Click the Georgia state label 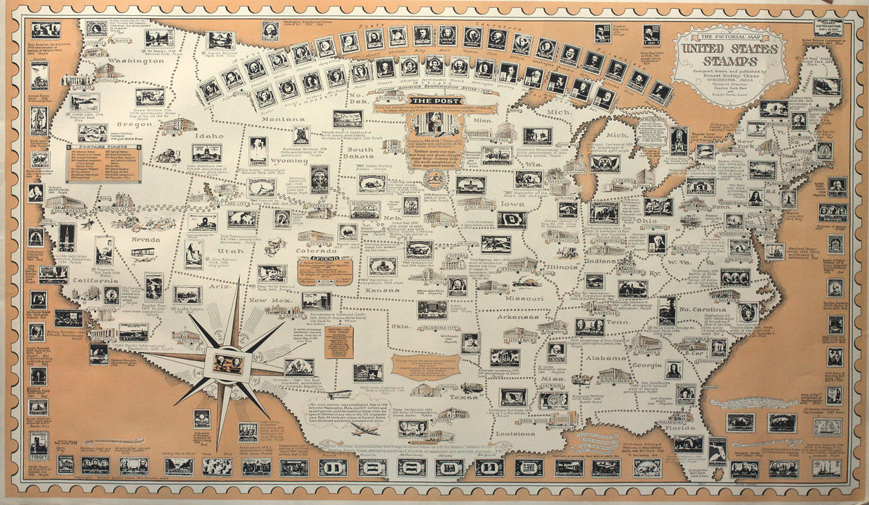click(647, 366)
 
